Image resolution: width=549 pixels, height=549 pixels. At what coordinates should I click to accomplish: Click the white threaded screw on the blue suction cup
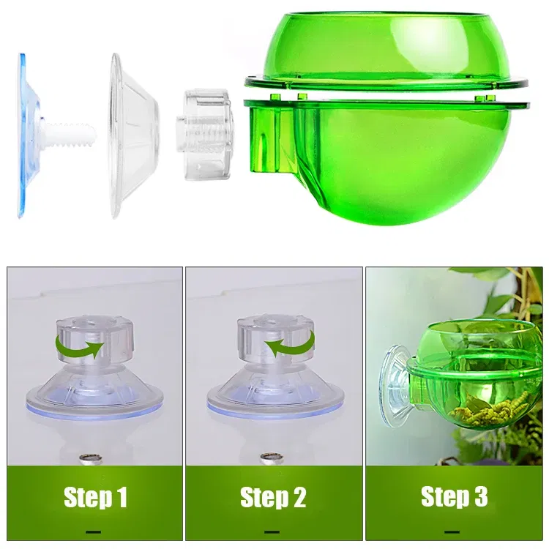70,134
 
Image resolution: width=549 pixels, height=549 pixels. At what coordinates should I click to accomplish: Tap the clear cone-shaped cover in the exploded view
134,136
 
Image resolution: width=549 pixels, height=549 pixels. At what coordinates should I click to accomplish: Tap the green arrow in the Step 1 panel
80,346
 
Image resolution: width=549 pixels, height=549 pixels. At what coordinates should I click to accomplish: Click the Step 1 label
95,497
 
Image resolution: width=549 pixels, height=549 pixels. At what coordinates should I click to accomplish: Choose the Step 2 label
273,497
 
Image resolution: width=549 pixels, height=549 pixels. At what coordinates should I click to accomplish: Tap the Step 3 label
454,496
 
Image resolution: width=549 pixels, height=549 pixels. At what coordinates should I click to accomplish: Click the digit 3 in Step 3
480,496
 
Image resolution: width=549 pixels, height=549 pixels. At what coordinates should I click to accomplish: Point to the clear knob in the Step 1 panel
95,339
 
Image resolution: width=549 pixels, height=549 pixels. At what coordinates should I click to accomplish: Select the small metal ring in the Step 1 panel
90,458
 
